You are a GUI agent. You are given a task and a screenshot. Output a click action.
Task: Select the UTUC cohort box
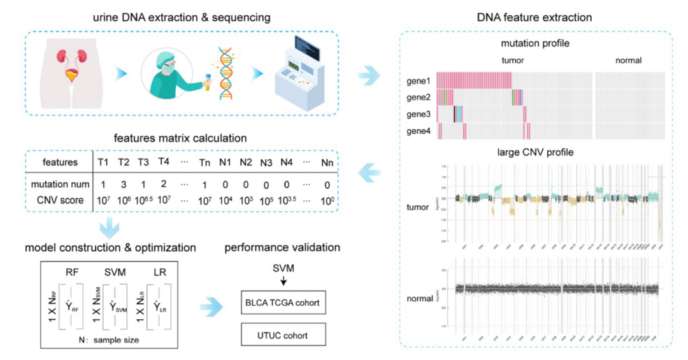click(283, 333)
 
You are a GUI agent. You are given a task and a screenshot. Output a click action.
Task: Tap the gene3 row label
click(419, 115)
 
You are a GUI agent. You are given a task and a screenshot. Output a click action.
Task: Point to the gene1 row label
click(419, 81)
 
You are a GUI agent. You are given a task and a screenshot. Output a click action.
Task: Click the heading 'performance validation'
click(282, 247)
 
